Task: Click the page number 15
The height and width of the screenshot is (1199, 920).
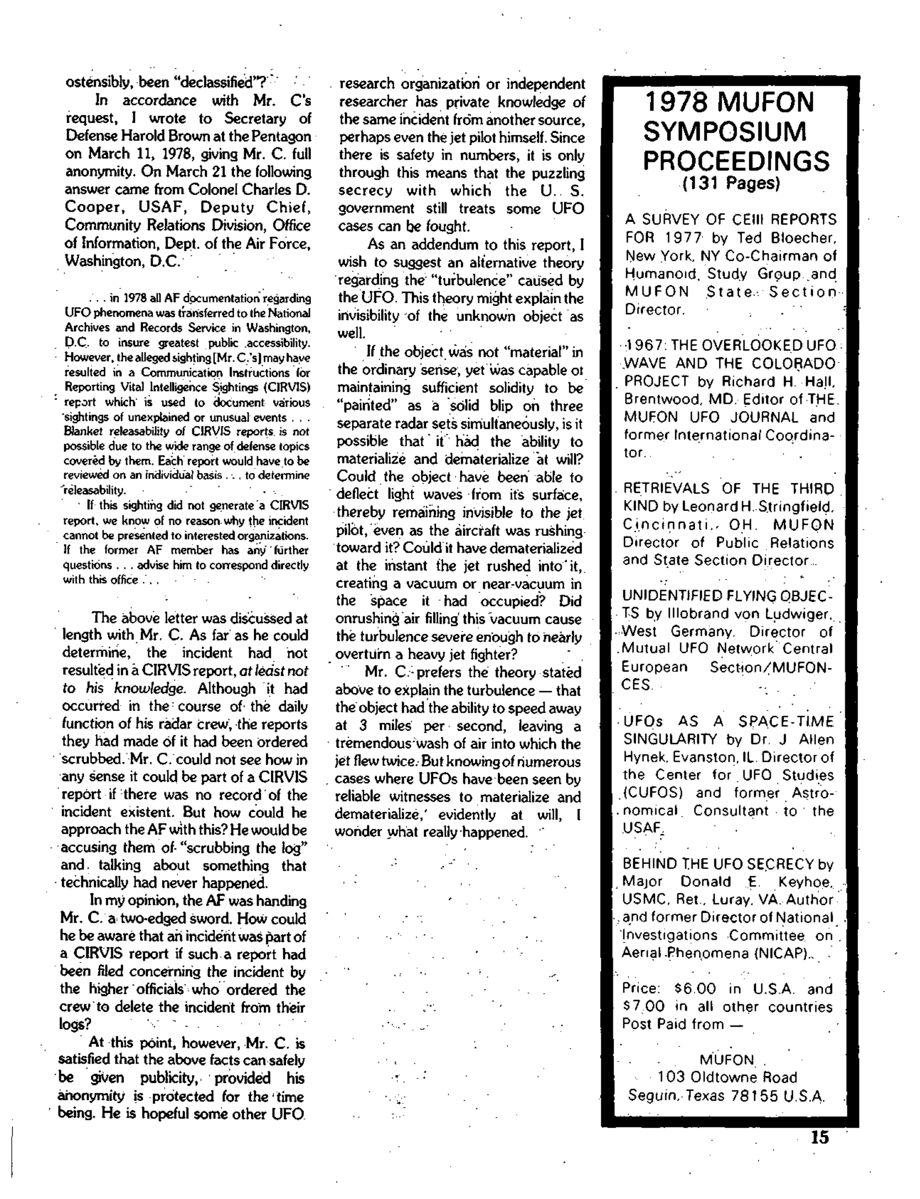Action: click(x=820, y=1138)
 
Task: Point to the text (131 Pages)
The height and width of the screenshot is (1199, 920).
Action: click(x=731, y=183)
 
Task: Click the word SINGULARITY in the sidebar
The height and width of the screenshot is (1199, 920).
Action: click(x=670, y=740)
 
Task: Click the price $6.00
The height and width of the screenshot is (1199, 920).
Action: click(x=694, y=989)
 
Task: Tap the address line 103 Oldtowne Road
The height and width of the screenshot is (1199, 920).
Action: click(x=727, y=1077)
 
